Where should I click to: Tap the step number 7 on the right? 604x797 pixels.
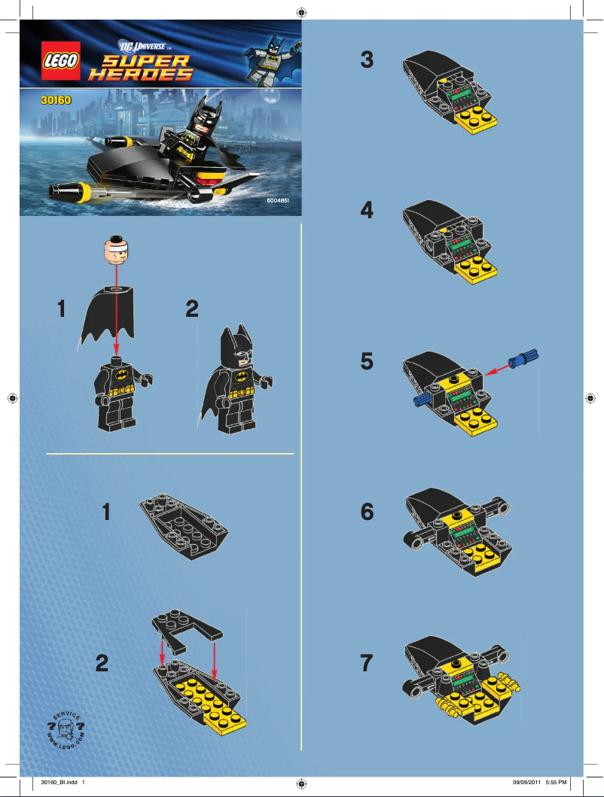click(367, 664)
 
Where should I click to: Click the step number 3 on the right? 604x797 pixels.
click(367, 60)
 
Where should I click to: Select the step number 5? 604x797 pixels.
click(367, 362)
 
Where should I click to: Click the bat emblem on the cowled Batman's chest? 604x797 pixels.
click(243, 375)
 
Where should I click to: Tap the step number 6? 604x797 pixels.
click(367, 513)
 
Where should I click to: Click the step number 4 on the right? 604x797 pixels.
click(367, 211)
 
